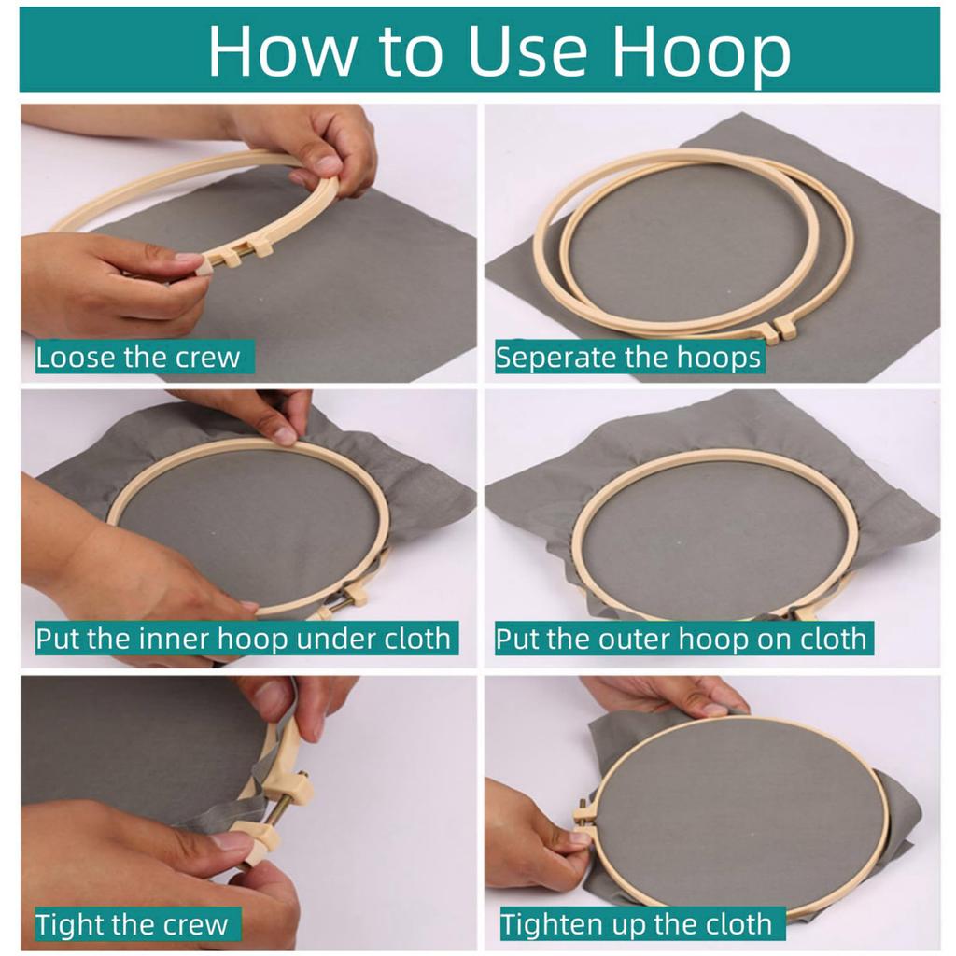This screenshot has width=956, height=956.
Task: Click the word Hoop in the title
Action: pos(701,53)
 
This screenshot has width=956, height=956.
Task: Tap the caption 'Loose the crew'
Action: pos(138,358)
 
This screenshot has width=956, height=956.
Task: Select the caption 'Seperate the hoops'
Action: pos(628,358)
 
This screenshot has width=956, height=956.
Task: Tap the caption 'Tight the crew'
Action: pos(132,924)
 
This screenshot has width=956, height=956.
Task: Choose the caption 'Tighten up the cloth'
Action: pos(636,924)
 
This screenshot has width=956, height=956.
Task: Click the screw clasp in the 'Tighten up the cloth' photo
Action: pos(583,816)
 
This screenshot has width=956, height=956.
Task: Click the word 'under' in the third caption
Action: pos(335,639)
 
